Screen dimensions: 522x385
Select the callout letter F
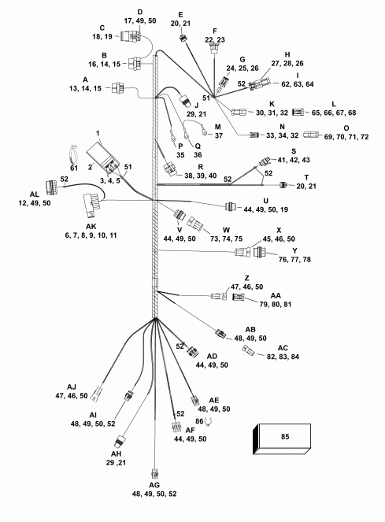pos(213,31)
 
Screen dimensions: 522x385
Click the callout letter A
pos(85,80)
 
